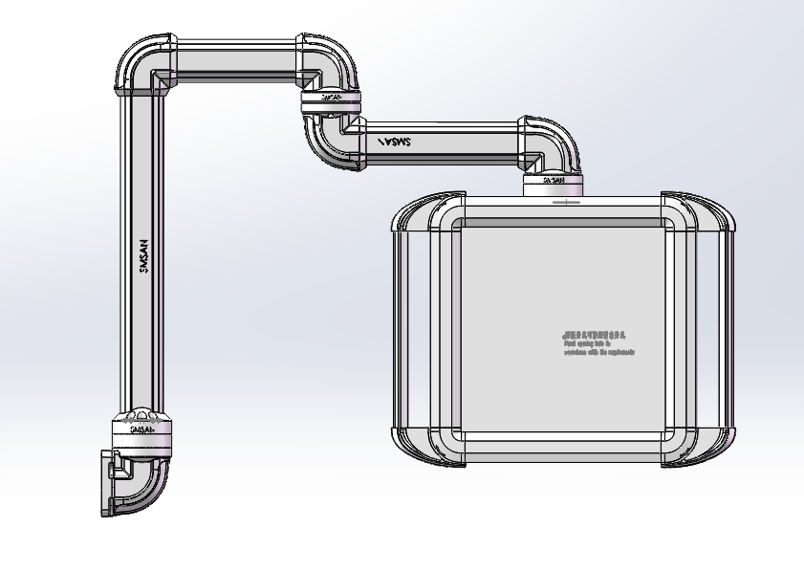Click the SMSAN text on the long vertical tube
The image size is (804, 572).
[144, 256]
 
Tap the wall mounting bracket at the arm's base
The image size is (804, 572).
[108, 483]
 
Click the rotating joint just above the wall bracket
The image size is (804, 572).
[141, 431]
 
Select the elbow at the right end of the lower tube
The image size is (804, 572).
[551, 143]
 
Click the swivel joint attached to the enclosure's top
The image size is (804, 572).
[554, 181]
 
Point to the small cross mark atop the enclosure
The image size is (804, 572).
[566, 202]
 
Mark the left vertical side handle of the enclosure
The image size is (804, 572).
[402, 330]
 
